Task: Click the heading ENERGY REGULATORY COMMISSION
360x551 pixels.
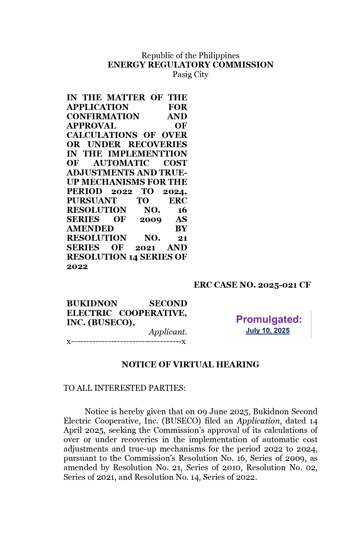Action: point(190,65)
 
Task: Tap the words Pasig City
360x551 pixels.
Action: point(190,74)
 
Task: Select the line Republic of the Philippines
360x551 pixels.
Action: point(190,55)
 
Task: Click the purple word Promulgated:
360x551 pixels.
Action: point(269,319)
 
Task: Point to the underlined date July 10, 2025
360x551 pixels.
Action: point(268,331)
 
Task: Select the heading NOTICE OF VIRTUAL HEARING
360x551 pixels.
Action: point(190,365)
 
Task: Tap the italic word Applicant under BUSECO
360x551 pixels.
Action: point(168,332)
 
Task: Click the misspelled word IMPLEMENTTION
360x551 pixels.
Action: point(147,154)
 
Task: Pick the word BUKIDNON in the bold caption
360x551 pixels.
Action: point(92,303)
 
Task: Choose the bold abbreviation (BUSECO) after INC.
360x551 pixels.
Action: point(111,322)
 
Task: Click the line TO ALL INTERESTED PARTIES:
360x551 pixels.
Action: point(125,388)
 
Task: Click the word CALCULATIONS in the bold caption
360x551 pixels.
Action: point(102,135)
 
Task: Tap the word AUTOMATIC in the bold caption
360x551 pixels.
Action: point(121,163)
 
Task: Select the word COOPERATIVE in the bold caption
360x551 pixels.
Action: point(152,313)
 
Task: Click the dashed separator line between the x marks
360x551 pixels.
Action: point(126,342)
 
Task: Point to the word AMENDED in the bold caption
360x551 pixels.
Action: point(90,229)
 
